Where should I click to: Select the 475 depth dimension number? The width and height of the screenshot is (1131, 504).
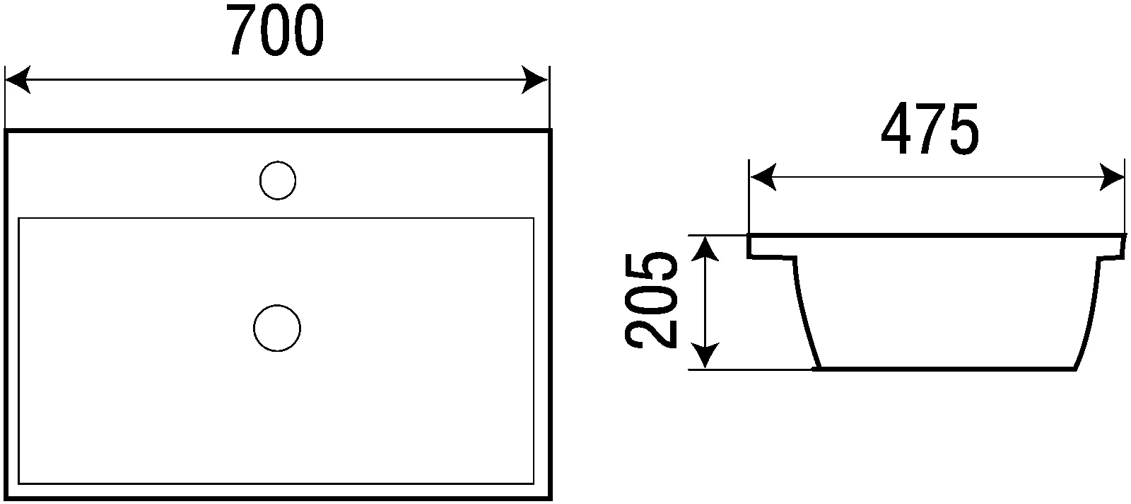click(930, 128)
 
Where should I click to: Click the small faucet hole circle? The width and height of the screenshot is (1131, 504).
click(278, 181)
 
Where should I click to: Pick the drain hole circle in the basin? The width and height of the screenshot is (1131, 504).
click(277, 328)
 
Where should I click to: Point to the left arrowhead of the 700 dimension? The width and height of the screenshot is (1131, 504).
click(17, 79)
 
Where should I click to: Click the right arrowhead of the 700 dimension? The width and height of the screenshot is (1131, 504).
click(534, 79)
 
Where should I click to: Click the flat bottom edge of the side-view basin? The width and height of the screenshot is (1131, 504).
click(944, 369)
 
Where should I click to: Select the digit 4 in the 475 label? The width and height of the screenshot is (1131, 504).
click(897, 129)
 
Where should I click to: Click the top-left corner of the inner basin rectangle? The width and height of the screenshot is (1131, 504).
click(18, 219)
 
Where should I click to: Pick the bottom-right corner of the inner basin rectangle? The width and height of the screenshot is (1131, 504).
click(534, 483)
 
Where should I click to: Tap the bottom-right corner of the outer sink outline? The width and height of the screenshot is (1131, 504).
click(551, 498)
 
